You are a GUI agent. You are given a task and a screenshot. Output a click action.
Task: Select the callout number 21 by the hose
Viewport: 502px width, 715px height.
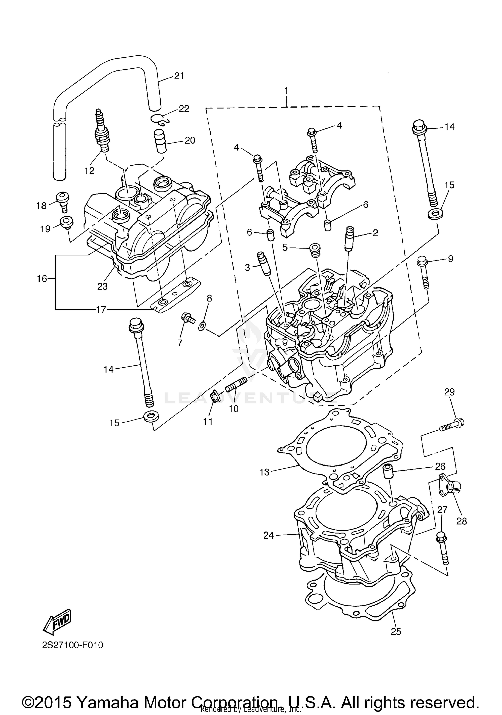(179, 76)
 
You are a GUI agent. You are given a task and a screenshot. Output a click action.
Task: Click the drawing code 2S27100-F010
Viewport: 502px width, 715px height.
(72, 645)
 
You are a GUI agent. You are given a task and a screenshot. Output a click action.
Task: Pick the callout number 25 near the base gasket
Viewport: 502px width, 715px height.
(396, 631)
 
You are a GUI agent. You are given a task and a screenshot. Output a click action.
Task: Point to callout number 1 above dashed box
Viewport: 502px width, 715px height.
(286, 91)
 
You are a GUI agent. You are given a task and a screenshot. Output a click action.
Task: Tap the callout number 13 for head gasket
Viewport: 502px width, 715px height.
(264, 472)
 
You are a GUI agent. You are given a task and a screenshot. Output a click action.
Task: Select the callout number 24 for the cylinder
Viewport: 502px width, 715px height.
(268, 535)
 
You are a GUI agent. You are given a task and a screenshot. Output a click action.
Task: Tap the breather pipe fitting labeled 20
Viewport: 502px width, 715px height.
(160, 141)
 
